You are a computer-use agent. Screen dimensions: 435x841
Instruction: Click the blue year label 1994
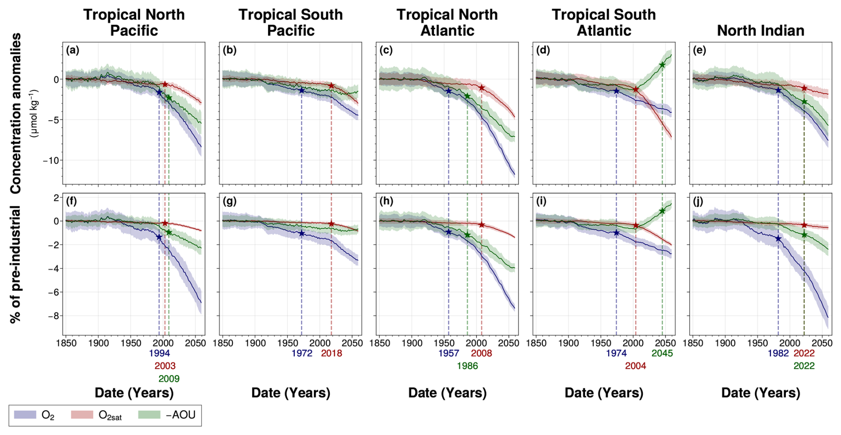click(159, 353)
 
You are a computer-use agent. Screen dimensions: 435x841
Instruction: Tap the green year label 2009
click(169, 379)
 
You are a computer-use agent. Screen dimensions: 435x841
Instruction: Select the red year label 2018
click(332, 353)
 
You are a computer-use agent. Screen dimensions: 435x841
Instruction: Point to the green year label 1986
click(467, 366)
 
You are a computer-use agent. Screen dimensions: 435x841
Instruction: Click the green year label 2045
click(662, 353)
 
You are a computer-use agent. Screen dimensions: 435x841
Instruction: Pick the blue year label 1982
click(778, 353)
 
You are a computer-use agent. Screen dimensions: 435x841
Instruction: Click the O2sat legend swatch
click(82, 415)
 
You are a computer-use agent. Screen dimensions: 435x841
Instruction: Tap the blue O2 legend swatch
click(25, 415)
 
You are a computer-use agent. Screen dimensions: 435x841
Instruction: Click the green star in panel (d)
click(662, 65)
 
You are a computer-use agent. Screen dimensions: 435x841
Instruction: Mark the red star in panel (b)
click(331, 85)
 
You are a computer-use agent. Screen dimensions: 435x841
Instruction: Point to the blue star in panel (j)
click(778, 238)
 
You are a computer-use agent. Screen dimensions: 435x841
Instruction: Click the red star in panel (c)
click(481, 88)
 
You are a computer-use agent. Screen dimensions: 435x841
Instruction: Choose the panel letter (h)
click(386, 202)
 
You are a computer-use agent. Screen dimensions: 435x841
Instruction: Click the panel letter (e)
click(699, 50)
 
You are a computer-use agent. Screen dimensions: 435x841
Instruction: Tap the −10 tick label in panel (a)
click(51, 160)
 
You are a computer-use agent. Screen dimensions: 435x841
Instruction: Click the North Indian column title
click(761, 30)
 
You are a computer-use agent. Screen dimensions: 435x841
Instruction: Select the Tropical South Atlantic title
click(604, 22)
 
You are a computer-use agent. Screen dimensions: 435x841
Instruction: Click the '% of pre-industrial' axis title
click(16, 264)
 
